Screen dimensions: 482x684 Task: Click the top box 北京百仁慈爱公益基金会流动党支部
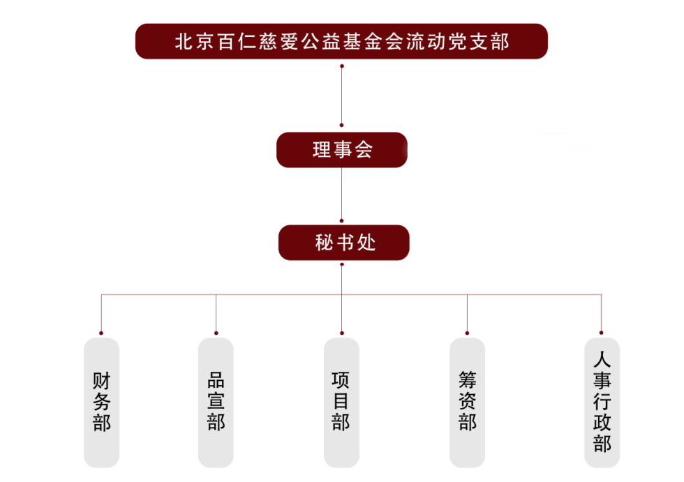click(341, 41)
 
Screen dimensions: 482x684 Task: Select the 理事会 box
click(341, 150)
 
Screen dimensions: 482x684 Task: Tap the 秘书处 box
click(343, 243)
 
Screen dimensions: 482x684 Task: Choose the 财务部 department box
click(101, 402)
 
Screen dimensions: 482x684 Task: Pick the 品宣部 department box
click(216, 402)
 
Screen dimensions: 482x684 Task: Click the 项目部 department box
click(341, 402)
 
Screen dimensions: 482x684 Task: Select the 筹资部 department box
click(467, 402)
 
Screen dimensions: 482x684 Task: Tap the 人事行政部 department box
click(602, 402)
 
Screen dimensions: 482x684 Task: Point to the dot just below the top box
click(341, 66)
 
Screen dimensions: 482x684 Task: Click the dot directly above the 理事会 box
click(341, 126)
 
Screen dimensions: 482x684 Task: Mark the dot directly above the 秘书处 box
click(341, 220)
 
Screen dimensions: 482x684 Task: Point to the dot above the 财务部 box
click(101, 333)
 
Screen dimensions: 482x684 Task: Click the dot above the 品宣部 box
click(216, 333)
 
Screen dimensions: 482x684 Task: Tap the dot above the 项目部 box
click(341, 333)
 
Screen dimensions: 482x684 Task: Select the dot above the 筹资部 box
click(467, 333)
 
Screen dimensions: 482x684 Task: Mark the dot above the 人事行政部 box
click(601, 333)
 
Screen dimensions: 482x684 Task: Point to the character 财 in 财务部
click(101, 382)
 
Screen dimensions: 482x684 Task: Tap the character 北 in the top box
click(184, 42)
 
